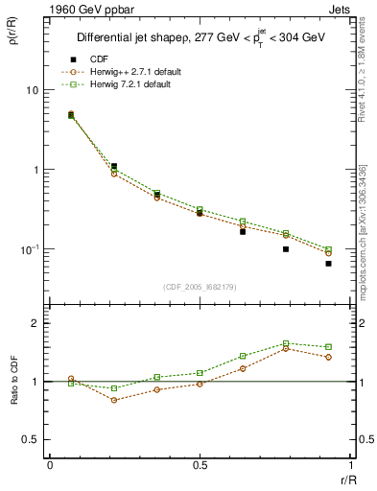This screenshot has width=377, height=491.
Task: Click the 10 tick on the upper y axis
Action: coord(32,90)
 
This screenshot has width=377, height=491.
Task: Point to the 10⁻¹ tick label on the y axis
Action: coord(29,249)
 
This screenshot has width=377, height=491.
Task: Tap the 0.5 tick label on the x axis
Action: coord(200,464)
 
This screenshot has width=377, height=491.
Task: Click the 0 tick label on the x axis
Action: coord(50,464)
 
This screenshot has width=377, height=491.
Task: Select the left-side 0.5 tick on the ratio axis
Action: coord(30,439)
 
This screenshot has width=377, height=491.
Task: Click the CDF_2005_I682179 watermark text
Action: coord(200,285)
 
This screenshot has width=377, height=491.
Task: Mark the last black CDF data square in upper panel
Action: coord(328,263)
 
